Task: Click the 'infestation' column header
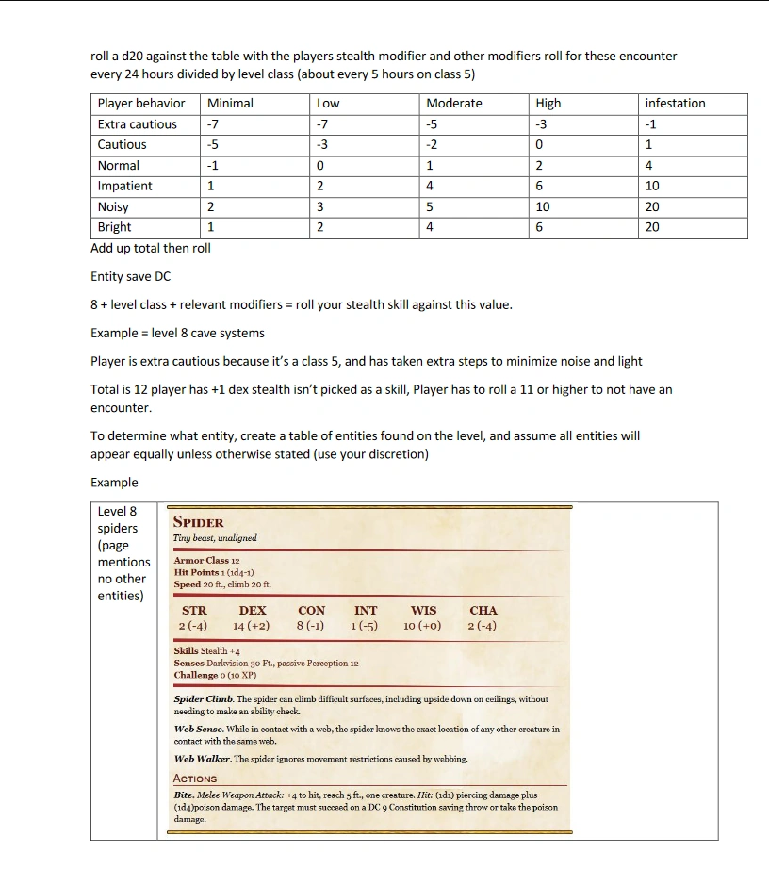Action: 675,104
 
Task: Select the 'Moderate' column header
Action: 454,104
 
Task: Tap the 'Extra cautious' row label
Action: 138,124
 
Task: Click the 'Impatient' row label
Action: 124,187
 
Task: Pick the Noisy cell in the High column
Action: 542,207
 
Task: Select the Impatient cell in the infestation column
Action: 652,187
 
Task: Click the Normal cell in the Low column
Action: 320,166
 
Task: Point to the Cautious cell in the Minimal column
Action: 213,145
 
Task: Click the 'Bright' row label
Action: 115,227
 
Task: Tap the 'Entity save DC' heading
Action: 130,277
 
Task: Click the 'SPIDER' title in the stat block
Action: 199,523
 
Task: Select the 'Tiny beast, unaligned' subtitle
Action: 215,538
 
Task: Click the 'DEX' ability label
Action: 252,611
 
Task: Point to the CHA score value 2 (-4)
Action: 483,626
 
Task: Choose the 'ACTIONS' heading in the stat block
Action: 195,779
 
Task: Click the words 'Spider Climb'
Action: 203,699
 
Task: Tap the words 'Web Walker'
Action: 202,759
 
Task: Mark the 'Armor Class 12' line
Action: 206,561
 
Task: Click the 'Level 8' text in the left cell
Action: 117,512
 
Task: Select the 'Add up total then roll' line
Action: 151,249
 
